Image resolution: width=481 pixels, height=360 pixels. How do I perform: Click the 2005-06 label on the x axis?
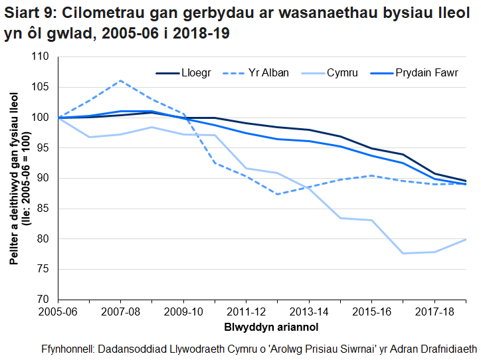(x=58, y=312)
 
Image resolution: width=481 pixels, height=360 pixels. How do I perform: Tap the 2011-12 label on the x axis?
(x=246, y=312)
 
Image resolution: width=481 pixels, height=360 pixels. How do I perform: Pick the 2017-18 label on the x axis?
(x=434, y=312)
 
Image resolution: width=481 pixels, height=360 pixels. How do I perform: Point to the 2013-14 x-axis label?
(x=308, y=312)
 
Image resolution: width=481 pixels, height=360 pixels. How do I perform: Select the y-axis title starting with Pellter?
(x=18, y=178)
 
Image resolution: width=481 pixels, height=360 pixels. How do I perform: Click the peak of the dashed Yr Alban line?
(x=121, y=81)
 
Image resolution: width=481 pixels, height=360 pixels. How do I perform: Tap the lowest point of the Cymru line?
(x=403, y=253)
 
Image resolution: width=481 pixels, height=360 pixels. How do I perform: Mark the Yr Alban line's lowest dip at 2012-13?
(x=277, y=194)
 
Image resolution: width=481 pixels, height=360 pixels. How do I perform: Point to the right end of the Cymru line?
(x=465, y=239)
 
